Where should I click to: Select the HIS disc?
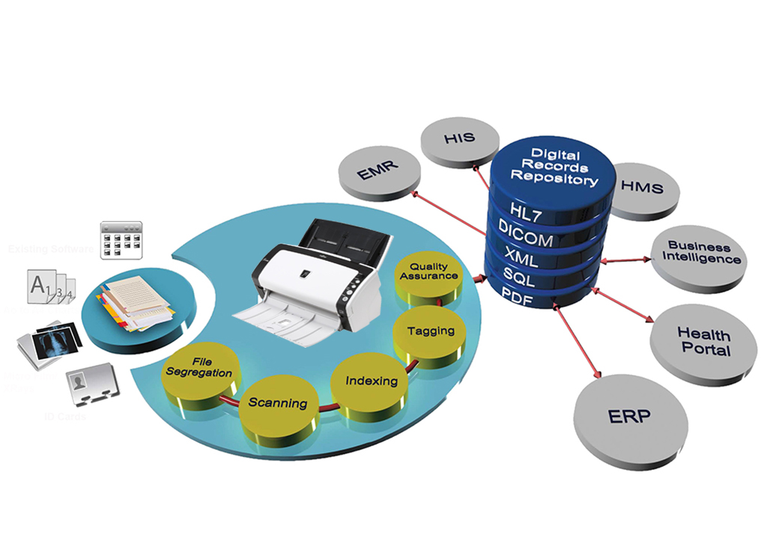(459, 139)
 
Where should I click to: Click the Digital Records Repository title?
(555, 167)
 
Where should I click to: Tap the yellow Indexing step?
(371, 381)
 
